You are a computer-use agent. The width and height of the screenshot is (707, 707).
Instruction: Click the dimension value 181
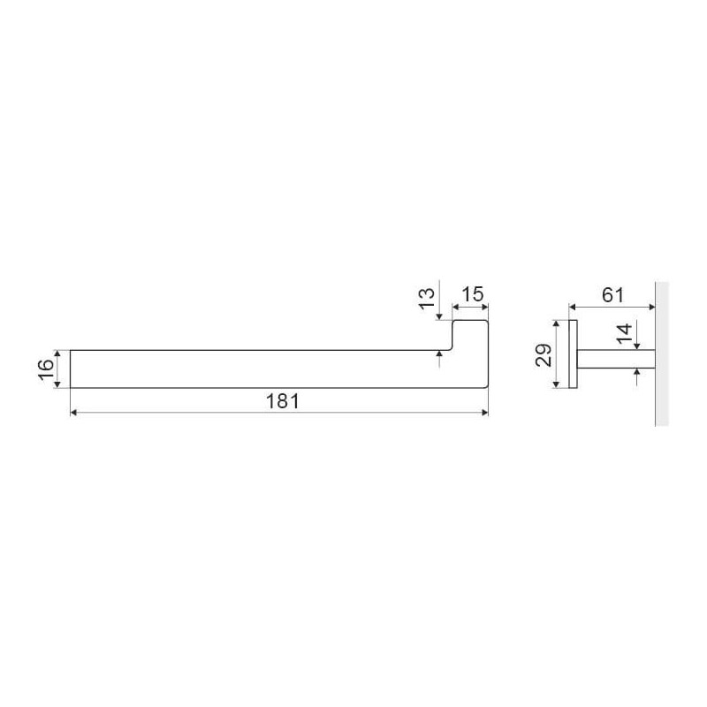pyautogui.click(x=282, y=401)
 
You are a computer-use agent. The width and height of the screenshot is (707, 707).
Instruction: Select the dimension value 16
pyautogui.click(x=46, y=369)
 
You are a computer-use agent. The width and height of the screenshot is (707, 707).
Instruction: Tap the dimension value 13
pyautogui.click(x=427, y=299)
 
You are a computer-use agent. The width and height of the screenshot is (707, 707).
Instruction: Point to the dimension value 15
pyautogui.click(x=473, y=294)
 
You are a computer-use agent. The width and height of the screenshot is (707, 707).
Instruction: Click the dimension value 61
pyautogui.click(x=613, y=295)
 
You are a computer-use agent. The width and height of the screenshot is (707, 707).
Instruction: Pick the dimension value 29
pyautogui.click(x=544, y=355)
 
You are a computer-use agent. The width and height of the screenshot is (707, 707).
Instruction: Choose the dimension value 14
pyautogui.click(x=625, y=334)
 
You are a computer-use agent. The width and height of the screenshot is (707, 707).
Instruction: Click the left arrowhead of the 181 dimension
pyautogui.click(x=74, y=412)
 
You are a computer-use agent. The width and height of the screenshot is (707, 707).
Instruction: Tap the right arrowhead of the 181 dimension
pyautogui.click(x=485, y=412)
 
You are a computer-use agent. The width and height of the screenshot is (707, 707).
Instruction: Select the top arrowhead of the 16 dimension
pyautogui.click(x=57, y=353)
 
